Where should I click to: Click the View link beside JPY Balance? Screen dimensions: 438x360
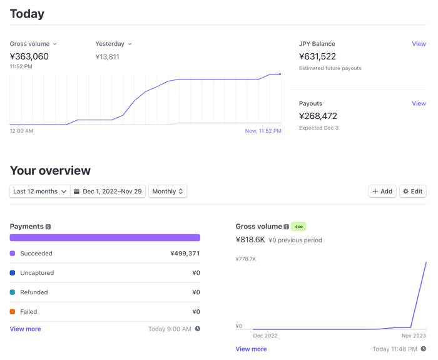tap(419, 44)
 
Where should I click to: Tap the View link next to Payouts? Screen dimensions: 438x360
tap(419, 103)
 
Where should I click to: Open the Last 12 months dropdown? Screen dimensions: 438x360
tap(40, 192)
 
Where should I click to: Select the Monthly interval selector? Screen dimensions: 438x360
tap(168, 192)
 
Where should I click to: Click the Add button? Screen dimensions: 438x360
tap(382, 192)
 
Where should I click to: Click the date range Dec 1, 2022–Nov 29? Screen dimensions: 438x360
tap(108, 192)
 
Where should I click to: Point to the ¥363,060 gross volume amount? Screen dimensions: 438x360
tap(29, 56)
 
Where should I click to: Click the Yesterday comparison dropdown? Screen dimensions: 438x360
tap(113, 44)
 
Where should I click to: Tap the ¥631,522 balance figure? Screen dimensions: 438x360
tap(318, 56)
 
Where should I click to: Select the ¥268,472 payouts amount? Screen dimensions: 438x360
tap(318, 116)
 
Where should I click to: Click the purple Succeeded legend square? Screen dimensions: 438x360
tap(13, 253)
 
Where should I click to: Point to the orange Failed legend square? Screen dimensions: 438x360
tap(13, 312)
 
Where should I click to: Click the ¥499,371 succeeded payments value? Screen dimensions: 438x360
tap(185, 254)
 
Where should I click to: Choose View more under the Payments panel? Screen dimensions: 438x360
tap(26, 329)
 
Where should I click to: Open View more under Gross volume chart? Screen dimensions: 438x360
tap(251, 349)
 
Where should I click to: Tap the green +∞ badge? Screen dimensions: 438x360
tap(298, 227)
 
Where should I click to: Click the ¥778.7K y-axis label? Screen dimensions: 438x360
tap(246, 259)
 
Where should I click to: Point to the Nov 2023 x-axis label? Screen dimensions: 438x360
tap(414, 336)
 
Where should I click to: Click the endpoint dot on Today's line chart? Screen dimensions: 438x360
tap(280, 75)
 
